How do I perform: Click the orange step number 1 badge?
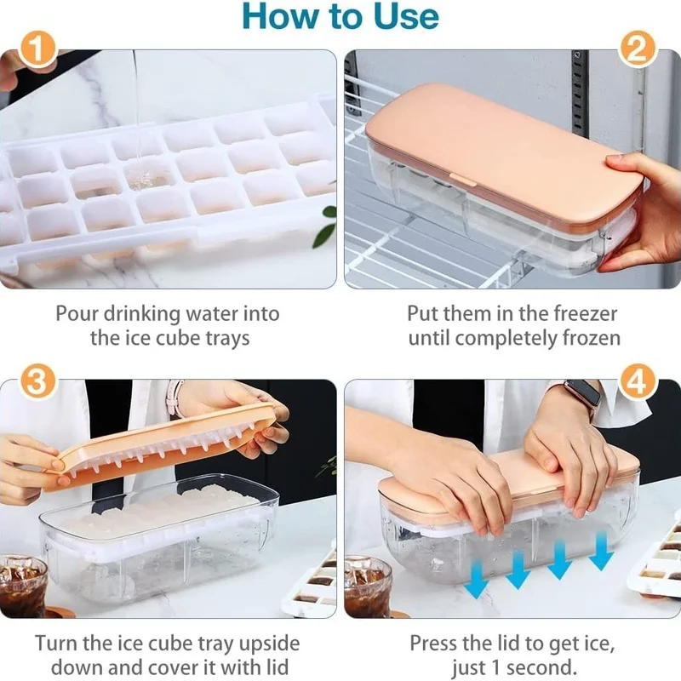37,49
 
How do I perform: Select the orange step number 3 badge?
37,381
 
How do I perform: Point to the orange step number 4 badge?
637,381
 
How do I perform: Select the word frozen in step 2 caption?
592,338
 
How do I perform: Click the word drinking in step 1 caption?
141,314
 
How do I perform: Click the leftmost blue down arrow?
477,579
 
